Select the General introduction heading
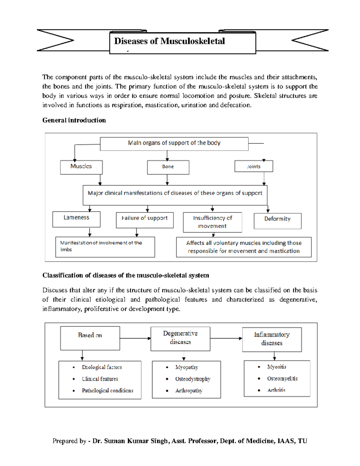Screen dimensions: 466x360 tap(74, 120)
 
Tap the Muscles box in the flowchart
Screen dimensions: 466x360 tap(81, 167)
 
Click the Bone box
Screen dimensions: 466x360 tap(168, 167)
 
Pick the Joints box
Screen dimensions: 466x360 tap(254, 166)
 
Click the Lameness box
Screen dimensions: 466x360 tap(76, 219)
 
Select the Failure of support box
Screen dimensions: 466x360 tap(145, 220)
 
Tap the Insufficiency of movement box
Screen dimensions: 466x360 tap(212, 222)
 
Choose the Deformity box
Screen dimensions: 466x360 tap(277, 221)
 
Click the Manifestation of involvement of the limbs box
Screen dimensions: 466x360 tap(105, 247)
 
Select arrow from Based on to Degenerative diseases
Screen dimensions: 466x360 tap(135, 338)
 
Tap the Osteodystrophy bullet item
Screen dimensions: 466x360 tap(193, 379)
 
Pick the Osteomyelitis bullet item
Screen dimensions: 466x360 tap(282, 379)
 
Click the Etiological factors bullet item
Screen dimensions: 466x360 tap(102, 367)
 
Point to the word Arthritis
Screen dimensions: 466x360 tap(276, 390)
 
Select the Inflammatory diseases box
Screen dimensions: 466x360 tap(272, 339)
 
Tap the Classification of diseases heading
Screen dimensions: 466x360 tap(126, 275)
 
